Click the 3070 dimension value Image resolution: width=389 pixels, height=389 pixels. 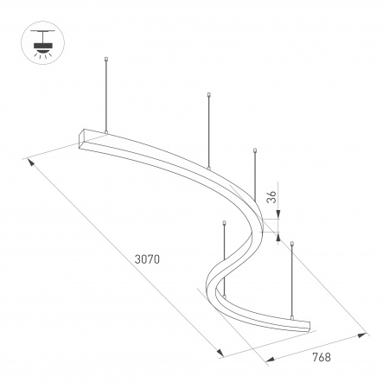pyautogui.click(x=149, y=258)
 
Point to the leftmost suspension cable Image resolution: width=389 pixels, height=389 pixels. pyautogui.click(x=106, y=95)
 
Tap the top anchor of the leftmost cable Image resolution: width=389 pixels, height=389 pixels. pyautogui.click(x=106, y=60)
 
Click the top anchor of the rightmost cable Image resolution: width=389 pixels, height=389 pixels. pyautogui.click(x=293, y=246)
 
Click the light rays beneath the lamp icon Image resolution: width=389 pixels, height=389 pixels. pyautogui.click(x=39, y=51)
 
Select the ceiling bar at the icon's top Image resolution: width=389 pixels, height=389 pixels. pyautogui.click(x=39, y=28)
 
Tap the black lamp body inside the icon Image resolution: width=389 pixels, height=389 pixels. pyautogui.click(x=39, y=41)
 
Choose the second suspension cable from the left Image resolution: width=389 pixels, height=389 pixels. pyautogui.click(x=209, y=130)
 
